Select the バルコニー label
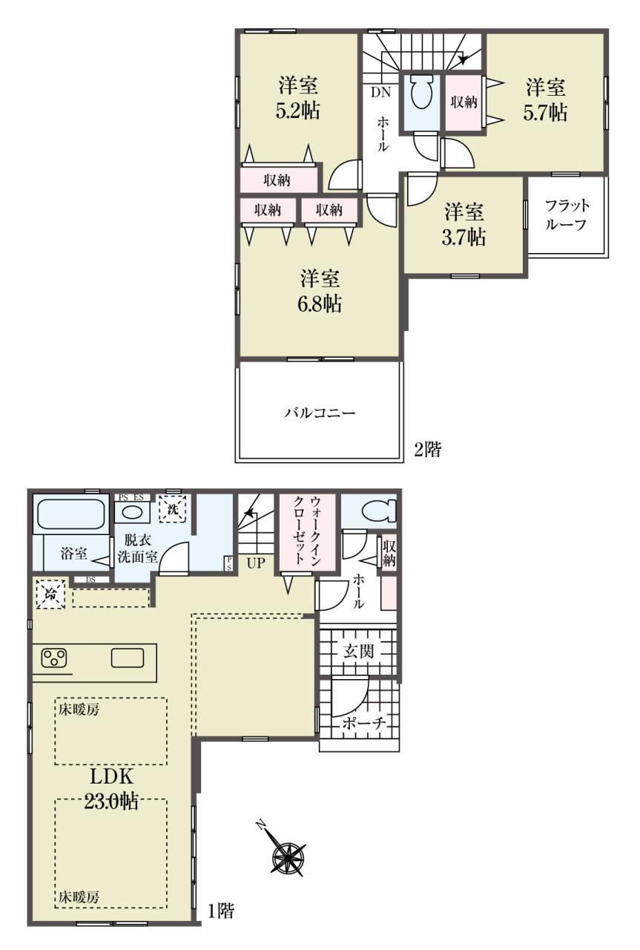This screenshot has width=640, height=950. pyautogui.click(x=320, y=413)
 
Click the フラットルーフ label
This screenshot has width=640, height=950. pyautogui.click(x=567, y=214)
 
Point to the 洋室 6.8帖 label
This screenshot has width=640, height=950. pyautogui.click(x=320, y=292)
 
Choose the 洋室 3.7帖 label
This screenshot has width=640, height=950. pyautogui.click(x=463, y=224)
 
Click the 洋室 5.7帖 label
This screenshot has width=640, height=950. pyautogui.click(x=545, y=100)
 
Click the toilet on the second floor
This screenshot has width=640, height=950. pyautogui.click(x=422, y=93)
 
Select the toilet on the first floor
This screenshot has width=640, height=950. pyautogui.click(x=380, y=510)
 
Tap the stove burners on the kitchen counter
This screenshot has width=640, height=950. pyautogui.click(x=54, y=659)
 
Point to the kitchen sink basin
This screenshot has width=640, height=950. pyautogui.click(x=128, y=658)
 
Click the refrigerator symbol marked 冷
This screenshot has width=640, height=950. pyautogui.click(x=50, y=594)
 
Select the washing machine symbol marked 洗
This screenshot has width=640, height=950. pyautogui.click(x=172, y=508)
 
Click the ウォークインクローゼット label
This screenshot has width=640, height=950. pyautogui.click(x=307, y=530)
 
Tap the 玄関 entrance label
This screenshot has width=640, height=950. pyautogui.click(x=359, y=651)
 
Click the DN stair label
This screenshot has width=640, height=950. pyautogui.click(x=380, y=93)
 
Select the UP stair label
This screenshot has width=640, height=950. pyautogui.click(x=256, y=563)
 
